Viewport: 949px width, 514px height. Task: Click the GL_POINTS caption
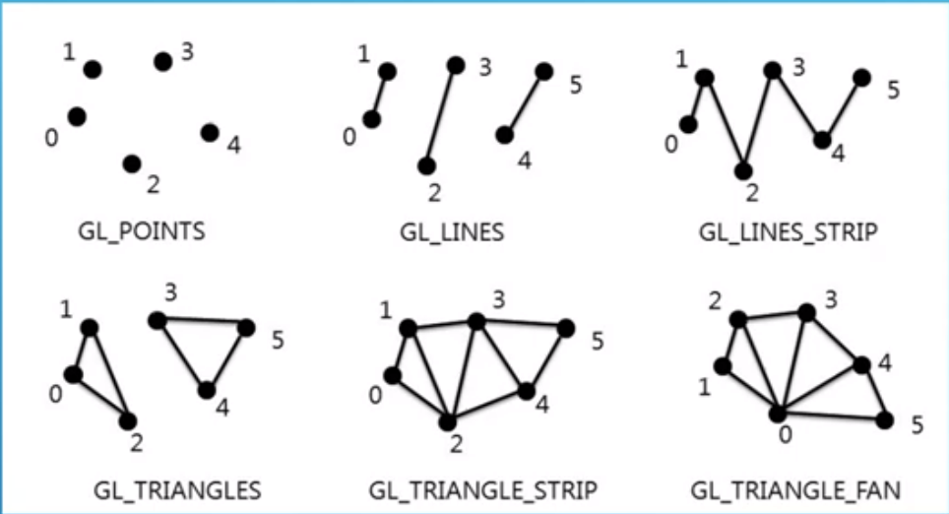pos(141,233)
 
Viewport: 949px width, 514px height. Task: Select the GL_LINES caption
pos(452,233)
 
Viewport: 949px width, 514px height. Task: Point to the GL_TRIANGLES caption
pos(156,488)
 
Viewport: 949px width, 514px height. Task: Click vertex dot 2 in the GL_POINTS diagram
pos(133,163)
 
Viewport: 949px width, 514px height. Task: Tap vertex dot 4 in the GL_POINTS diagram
pos(209,132)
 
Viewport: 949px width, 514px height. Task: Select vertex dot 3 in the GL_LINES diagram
pos(455,65)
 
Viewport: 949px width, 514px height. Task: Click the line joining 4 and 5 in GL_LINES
pos(524,102)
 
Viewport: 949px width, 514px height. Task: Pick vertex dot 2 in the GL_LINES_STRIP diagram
pos(744,170)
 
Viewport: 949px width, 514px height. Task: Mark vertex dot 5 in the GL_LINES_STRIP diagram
pos(861,77)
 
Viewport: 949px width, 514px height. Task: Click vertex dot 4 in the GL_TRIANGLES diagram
pos(206,390)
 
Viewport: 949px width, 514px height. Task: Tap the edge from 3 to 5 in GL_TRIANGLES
pos(201,323)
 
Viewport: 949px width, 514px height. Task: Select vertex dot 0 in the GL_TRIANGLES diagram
pos(72,374)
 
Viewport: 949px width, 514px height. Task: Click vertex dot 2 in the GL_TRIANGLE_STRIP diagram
pos(449,421)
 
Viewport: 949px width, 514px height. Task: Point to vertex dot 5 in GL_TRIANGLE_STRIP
pos(566,328)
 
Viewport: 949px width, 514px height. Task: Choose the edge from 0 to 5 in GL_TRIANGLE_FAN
pos(831,417)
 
